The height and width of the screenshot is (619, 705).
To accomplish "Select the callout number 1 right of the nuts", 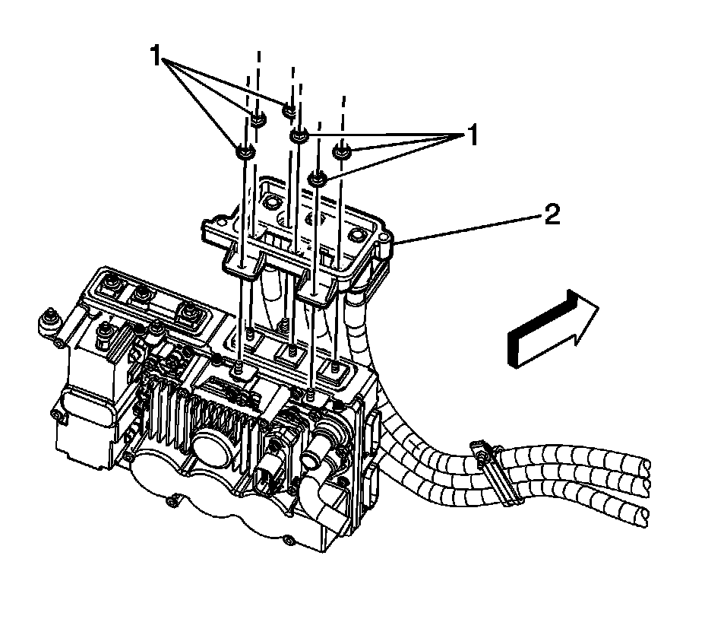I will pyautogui.click(x=472, y=137).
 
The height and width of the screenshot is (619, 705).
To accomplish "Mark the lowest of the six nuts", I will pyautogui.click(x=318, y=179).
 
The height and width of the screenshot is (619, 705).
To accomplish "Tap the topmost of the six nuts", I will pyautogui.click(x=289, y=110).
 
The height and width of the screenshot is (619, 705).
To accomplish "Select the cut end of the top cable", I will pyautogui.click(x=644, y=465).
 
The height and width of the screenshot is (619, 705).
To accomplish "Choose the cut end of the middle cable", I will pyautogui.click(x=644, y=489).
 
